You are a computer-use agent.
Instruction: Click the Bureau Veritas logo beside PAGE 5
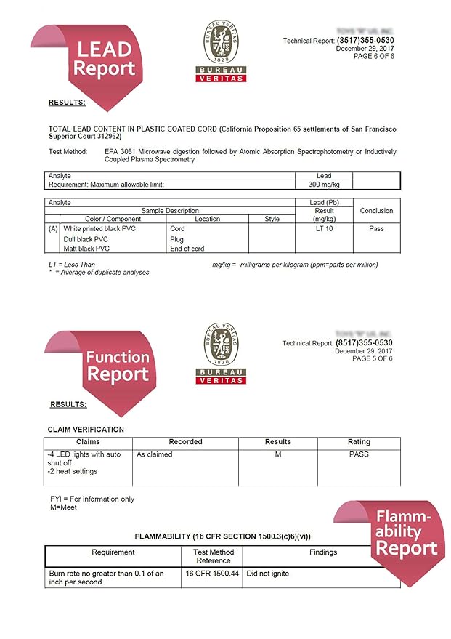(221, 353)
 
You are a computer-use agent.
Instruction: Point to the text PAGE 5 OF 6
(372, 358)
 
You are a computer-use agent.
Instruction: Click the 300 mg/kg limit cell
(324, 185)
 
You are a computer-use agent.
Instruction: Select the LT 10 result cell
(324, 228)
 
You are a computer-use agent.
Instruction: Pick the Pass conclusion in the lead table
(376, 228)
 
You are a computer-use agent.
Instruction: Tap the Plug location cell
(177, 238)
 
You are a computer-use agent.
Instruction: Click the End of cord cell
(187, 249)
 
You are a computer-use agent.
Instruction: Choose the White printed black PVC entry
(99, 228)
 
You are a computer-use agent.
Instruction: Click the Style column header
(272, 219)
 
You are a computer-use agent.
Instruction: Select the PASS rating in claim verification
(359, 454)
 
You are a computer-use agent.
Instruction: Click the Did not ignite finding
(269, 574)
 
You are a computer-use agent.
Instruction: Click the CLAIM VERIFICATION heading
(86, 430)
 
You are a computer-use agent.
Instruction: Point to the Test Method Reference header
(213, 556)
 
